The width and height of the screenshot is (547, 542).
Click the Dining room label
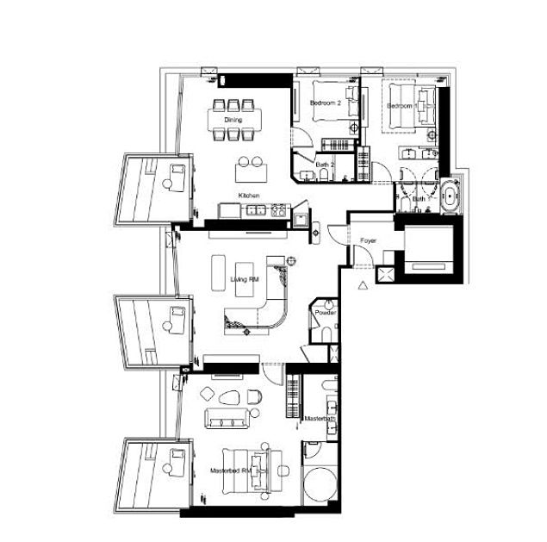click(233, 120)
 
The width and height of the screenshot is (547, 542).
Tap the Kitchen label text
click(250, 196)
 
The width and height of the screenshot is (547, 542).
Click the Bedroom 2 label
click(325, 103)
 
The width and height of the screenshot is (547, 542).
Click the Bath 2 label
click(324, 163)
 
